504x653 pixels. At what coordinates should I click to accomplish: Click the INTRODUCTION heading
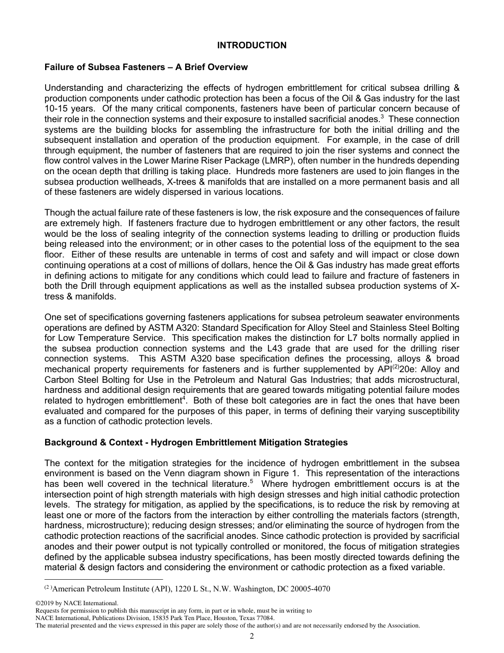(x=251, y=46)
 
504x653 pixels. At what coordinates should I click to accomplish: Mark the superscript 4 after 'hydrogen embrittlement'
(x=184, y=398)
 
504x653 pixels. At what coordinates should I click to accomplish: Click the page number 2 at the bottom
(x=252, y=637)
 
